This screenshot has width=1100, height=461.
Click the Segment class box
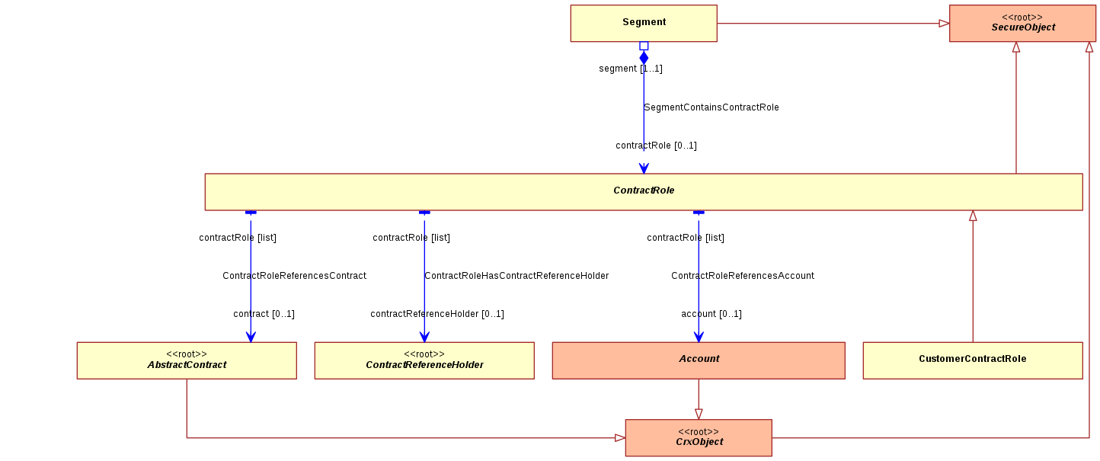[x=644, y=23]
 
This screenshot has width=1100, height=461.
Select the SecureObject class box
[x=1023, y=23]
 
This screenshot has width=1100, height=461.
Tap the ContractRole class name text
[x=644, y=190]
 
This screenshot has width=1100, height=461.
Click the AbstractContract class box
[x=187, y=360]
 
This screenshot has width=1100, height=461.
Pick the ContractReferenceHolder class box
[x=424, y=360]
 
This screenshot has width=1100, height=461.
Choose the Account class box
[x=699, y=360]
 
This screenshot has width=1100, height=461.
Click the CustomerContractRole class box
[x=973, y=360]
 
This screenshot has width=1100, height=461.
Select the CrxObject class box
[x=699, y=437]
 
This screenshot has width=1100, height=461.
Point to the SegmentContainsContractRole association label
[x=711, y=107]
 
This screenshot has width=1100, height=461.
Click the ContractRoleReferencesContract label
[x=294, y=275]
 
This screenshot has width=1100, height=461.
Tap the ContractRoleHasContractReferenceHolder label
[x=516, y=275]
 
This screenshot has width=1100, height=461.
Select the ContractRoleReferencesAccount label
[x=743, y=275]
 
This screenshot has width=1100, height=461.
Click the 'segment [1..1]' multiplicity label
[x=631, y=69]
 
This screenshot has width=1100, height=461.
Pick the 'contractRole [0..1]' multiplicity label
[x=656, y=146]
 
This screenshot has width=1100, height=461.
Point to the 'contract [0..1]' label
[x=264, y=314]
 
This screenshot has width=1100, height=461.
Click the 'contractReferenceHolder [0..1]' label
[x=437, y=314]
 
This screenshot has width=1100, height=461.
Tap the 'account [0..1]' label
[x=711, y=314]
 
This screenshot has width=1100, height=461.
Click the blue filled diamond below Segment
[x=644, y=58]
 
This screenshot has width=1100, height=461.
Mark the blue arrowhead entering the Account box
[x=699, y=337]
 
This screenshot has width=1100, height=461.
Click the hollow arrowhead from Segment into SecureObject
[x=944, y=23]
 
